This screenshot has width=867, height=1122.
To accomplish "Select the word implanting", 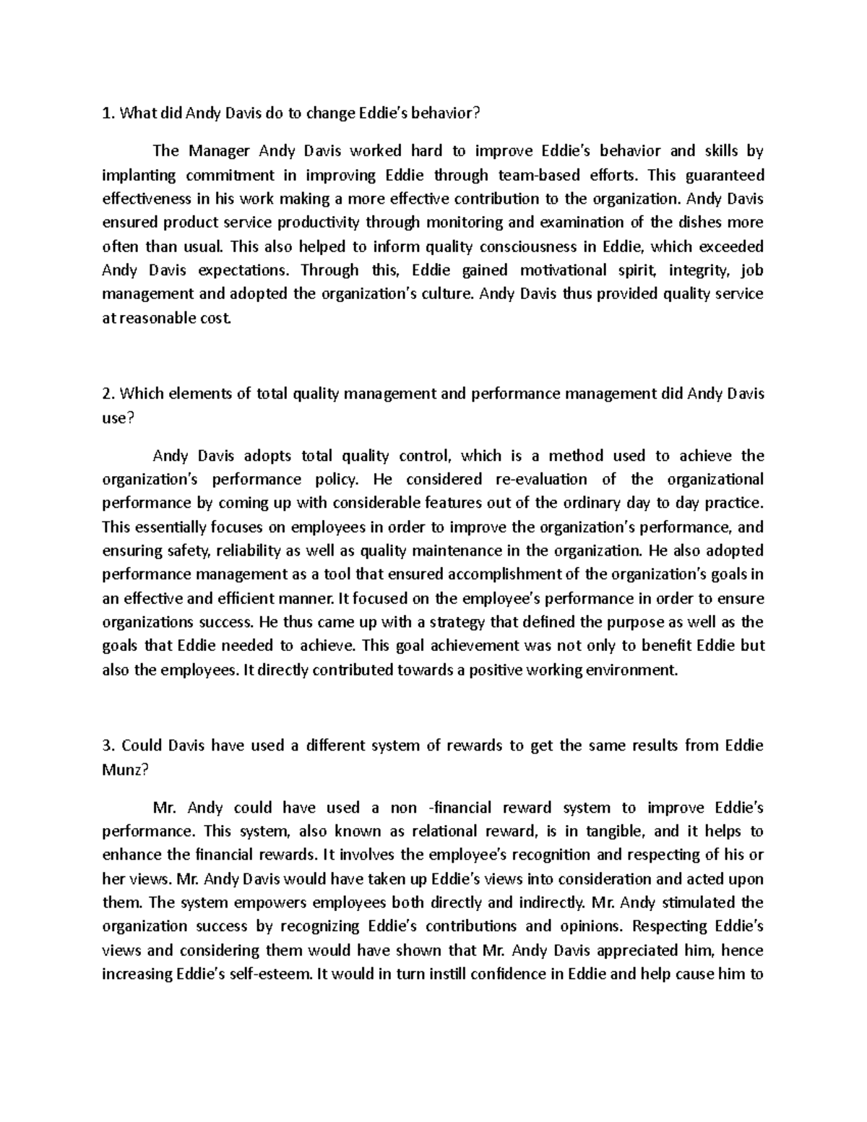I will pos(138,175).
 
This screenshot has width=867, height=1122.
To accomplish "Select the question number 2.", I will pos(108,394).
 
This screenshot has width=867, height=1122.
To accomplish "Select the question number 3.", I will pos(108,746).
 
